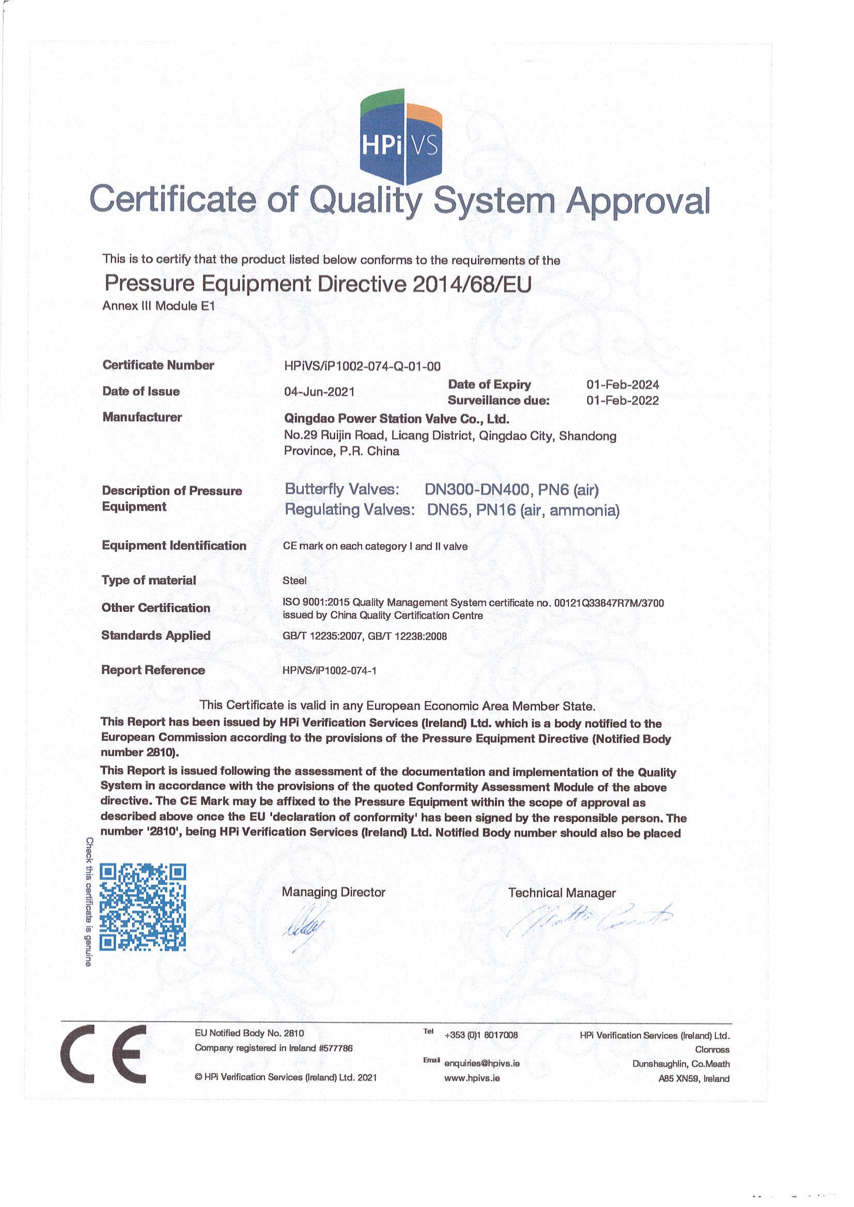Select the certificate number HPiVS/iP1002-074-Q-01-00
pos(362,366)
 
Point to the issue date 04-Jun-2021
pos(319,392)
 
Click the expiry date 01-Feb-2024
pos(623,384)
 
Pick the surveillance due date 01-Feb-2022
pos(623,401)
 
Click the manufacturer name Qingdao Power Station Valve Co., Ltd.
pos(396,419)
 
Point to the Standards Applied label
pos(156,636)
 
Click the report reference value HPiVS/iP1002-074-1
pos(330,671)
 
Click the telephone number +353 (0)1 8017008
pos(481,1035)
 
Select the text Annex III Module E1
pos(159,306)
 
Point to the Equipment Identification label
pos(174,546)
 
